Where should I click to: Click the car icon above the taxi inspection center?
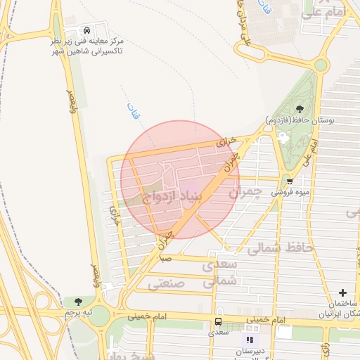click(x=86, y=31)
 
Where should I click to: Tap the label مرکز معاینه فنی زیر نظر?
click(x=86, y=41)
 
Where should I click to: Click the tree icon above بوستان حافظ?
click(x=300, y=108)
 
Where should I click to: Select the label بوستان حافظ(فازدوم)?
click(x=300, y=120)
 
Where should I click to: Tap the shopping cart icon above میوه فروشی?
click(x=288, y=181)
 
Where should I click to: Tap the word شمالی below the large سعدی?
click(x=217, y=281)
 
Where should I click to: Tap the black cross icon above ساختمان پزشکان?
click(x=342, y=292)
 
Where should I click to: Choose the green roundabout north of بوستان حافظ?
click(x=320, y=65)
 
